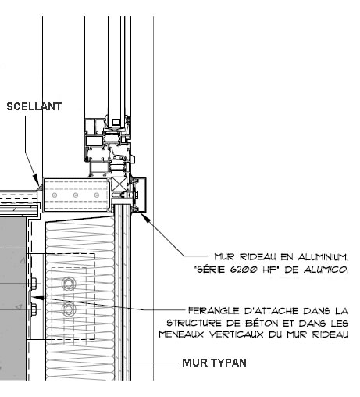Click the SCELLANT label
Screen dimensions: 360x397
point(34,106)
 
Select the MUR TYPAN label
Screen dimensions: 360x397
point(214,363)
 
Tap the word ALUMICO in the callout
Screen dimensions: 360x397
point(326,270)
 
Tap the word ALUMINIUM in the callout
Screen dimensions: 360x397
point(323,257)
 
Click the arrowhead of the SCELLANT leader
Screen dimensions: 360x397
point(37,182)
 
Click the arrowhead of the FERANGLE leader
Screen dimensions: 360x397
point(37,297)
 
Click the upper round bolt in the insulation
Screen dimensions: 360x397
point(69,283)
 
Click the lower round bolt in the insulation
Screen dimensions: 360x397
point(69,309)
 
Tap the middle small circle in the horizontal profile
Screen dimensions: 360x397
point(76,195)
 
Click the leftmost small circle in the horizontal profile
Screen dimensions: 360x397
point(55,195)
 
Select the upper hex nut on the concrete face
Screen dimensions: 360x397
point(34,284)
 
